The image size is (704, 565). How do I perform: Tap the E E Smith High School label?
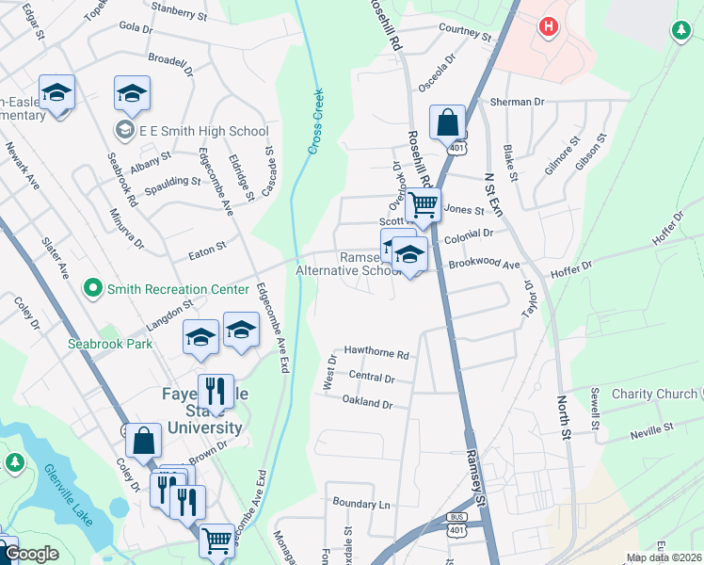(203, 132)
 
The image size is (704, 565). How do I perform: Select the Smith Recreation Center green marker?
(92, 285)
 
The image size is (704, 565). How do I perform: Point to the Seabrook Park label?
(110, 344)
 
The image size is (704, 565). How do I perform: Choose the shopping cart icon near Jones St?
(424, 203)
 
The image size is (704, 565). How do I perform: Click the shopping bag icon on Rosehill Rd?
(447, 122)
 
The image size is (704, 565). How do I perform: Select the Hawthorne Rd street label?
(376, 355)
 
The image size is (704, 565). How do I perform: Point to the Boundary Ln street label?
(358, 505)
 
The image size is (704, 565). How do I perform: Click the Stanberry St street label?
(178, 15)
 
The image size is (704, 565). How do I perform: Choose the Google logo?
(32, 554)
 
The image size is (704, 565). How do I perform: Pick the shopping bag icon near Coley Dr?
(144, 442)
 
